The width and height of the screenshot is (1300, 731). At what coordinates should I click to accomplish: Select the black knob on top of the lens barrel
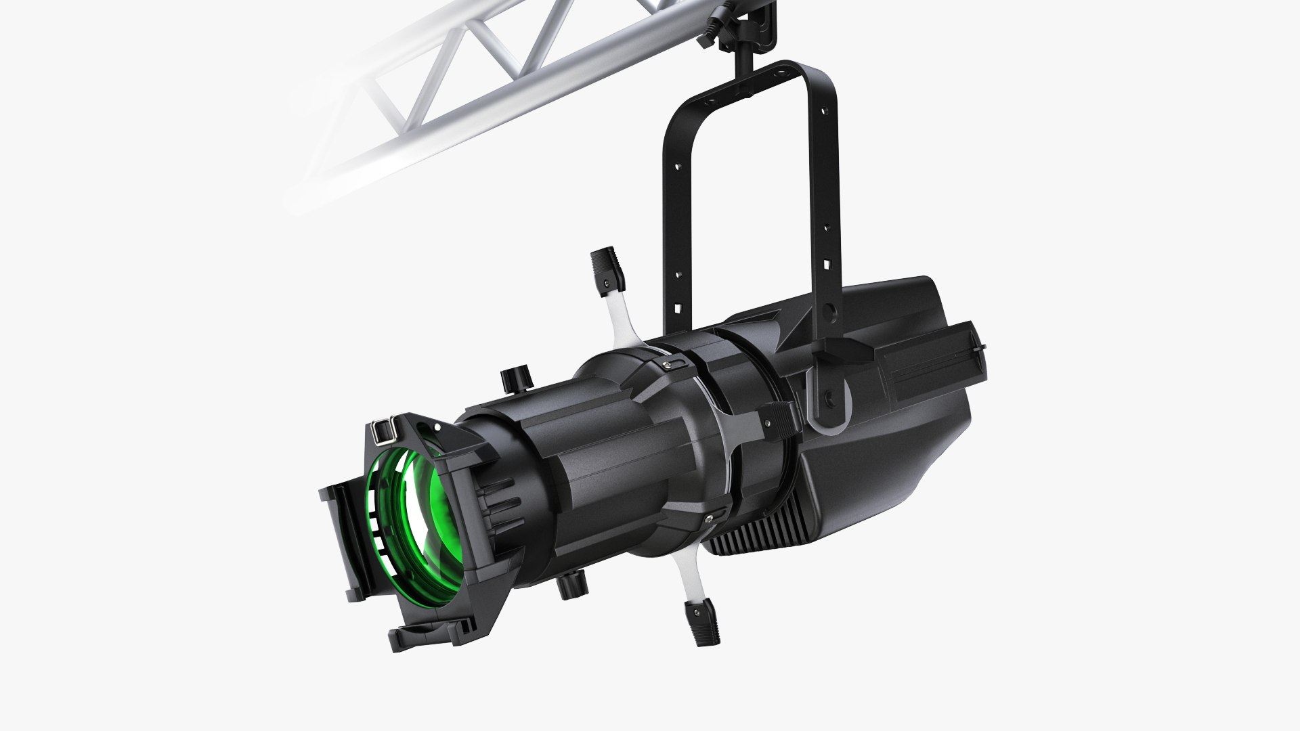tap(513, 380)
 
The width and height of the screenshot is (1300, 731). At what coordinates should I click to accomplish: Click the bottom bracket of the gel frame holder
tap(420, 636)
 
